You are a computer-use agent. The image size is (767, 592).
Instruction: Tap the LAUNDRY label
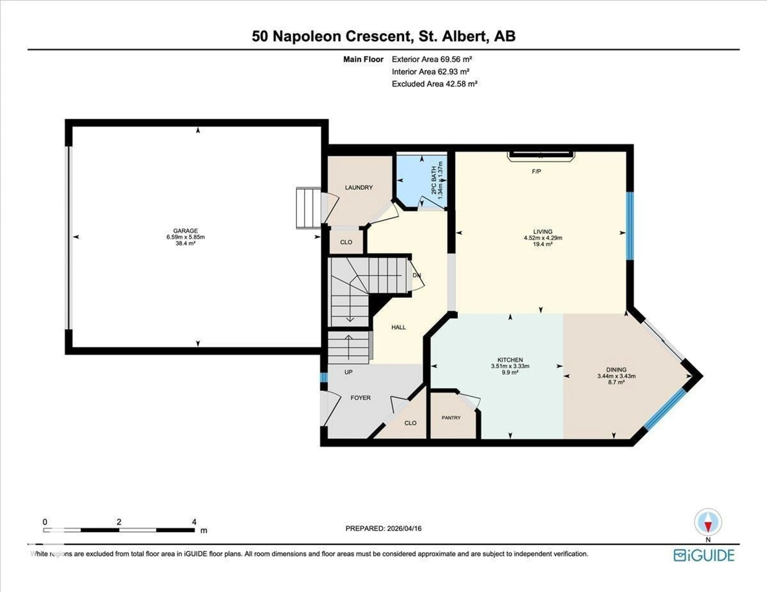pos(359,187)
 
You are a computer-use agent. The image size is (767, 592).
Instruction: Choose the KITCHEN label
pos(510,360)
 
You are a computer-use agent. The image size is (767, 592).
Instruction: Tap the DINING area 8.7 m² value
pos(616,382)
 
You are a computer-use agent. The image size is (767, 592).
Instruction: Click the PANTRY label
pos(451,418)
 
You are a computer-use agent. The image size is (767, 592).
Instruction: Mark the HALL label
pos(399,327)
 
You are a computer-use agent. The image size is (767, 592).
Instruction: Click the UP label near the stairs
pos(348,372)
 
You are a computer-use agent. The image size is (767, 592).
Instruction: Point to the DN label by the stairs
pos(416,275)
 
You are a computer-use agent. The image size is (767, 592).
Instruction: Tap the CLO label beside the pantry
pos(410,423)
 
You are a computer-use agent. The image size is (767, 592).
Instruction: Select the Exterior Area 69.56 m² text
pos(432,59)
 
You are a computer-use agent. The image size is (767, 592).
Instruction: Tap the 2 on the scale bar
pos(119,522)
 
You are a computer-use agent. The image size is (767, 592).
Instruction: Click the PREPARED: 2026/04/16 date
pos(383,528)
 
